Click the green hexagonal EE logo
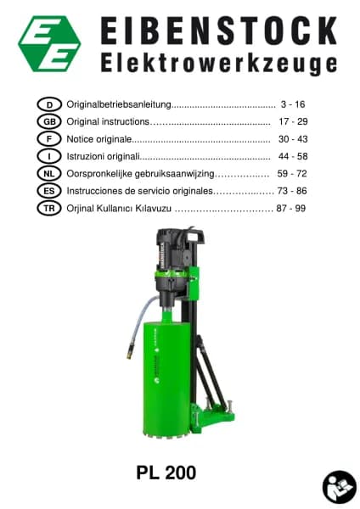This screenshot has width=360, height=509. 50,43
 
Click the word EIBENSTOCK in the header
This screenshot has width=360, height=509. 219,31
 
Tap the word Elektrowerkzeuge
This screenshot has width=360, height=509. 219,64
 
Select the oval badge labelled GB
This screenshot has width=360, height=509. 49,121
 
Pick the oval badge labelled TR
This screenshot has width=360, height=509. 49,209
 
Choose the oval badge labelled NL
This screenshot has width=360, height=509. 49,174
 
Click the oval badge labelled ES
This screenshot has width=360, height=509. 49,191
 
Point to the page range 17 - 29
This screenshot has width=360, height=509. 293,121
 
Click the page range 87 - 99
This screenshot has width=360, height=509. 290,209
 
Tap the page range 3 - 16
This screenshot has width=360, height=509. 293,104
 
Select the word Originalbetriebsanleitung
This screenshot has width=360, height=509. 119,104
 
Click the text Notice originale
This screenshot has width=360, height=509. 99,139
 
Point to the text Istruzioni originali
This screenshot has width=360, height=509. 103,156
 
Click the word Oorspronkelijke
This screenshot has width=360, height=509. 99,174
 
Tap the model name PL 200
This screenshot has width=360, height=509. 166,473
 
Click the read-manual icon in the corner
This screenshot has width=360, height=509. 340,487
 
